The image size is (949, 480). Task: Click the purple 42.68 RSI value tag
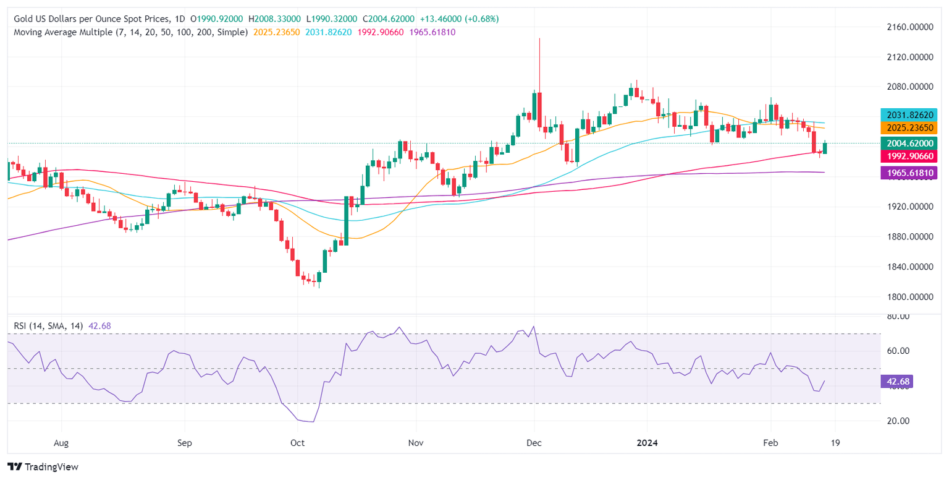[895, 381]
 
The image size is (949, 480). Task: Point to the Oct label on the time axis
[297, 444]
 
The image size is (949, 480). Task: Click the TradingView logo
[43, 467]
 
